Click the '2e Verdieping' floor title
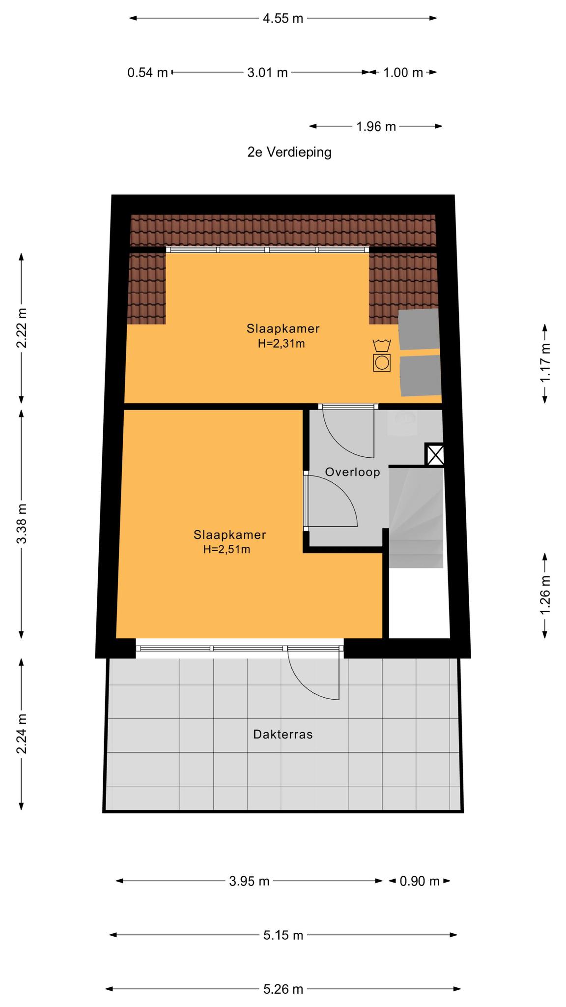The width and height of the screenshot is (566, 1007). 289,152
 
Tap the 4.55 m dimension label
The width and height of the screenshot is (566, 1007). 283,19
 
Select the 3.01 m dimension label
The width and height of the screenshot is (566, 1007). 267,73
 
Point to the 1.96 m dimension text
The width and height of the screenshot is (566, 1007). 376,126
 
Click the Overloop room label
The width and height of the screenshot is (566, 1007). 353,472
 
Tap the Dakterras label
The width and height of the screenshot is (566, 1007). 283,734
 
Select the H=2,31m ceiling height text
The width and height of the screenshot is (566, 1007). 282,344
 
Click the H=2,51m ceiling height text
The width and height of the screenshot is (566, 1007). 227,549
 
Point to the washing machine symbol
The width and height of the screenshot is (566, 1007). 382,363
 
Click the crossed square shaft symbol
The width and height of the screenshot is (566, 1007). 434,455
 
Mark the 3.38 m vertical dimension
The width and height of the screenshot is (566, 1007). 22,524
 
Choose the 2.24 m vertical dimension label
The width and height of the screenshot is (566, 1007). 22,734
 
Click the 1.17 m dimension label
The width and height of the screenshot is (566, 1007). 545,363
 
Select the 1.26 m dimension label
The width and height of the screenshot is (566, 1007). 545,595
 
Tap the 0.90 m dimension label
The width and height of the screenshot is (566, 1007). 419,881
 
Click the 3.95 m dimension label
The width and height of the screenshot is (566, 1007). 249,881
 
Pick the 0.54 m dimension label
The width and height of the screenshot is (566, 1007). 147,73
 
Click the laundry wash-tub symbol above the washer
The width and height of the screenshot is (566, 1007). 382,345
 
